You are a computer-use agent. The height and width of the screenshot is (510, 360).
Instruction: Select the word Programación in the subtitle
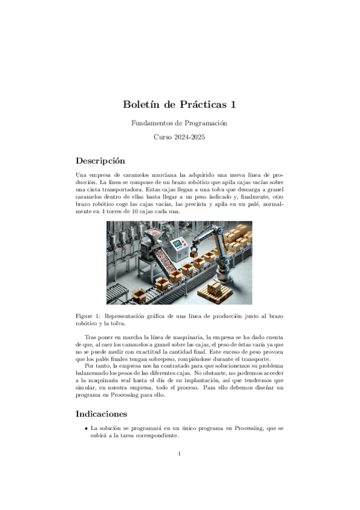point(207,123)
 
